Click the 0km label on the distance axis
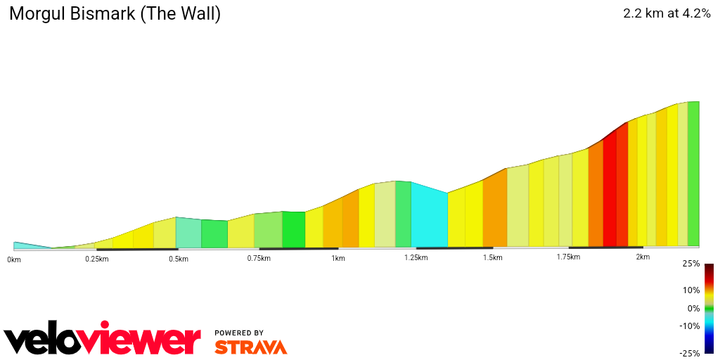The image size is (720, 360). point(14,259)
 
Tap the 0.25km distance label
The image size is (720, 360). point(97,259)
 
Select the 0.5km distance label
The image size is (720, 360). point(179,259)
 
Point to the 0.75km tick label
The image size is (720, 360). point(259,258)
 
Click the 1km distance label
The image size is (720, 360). point(338,258)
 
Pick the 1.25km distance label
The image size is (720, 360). point(416,257)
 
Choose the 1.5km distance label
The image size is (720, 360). point(493,257)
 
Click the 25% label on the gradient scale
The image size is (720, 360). point(691,264)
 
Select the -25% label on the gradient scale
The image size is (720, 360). point(690,354)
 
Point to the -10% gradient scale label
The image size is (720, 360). point(690,326)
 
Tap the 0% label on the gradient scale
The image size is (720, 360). point(693,309)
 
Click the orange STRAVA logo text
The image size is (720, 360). point(250,347)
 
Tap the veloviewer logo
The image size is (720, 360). point(103,340)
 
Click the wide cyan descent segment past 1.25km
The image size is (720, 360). point(429,215)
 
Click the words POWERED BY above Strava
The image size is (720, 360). point(239,333)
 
